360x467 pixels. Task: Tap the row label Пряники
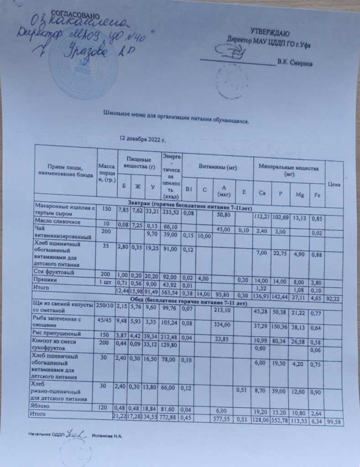pyautogui.click(x=46, y=280)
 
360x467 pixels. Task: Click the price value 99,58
pyautogui.click(x=335, y=423)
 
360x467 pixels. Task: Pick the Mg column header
pyautogui.click(x=300, y=195)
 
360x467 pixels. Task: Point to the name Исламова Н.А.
pyautogui.click(x=108, y=436)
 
